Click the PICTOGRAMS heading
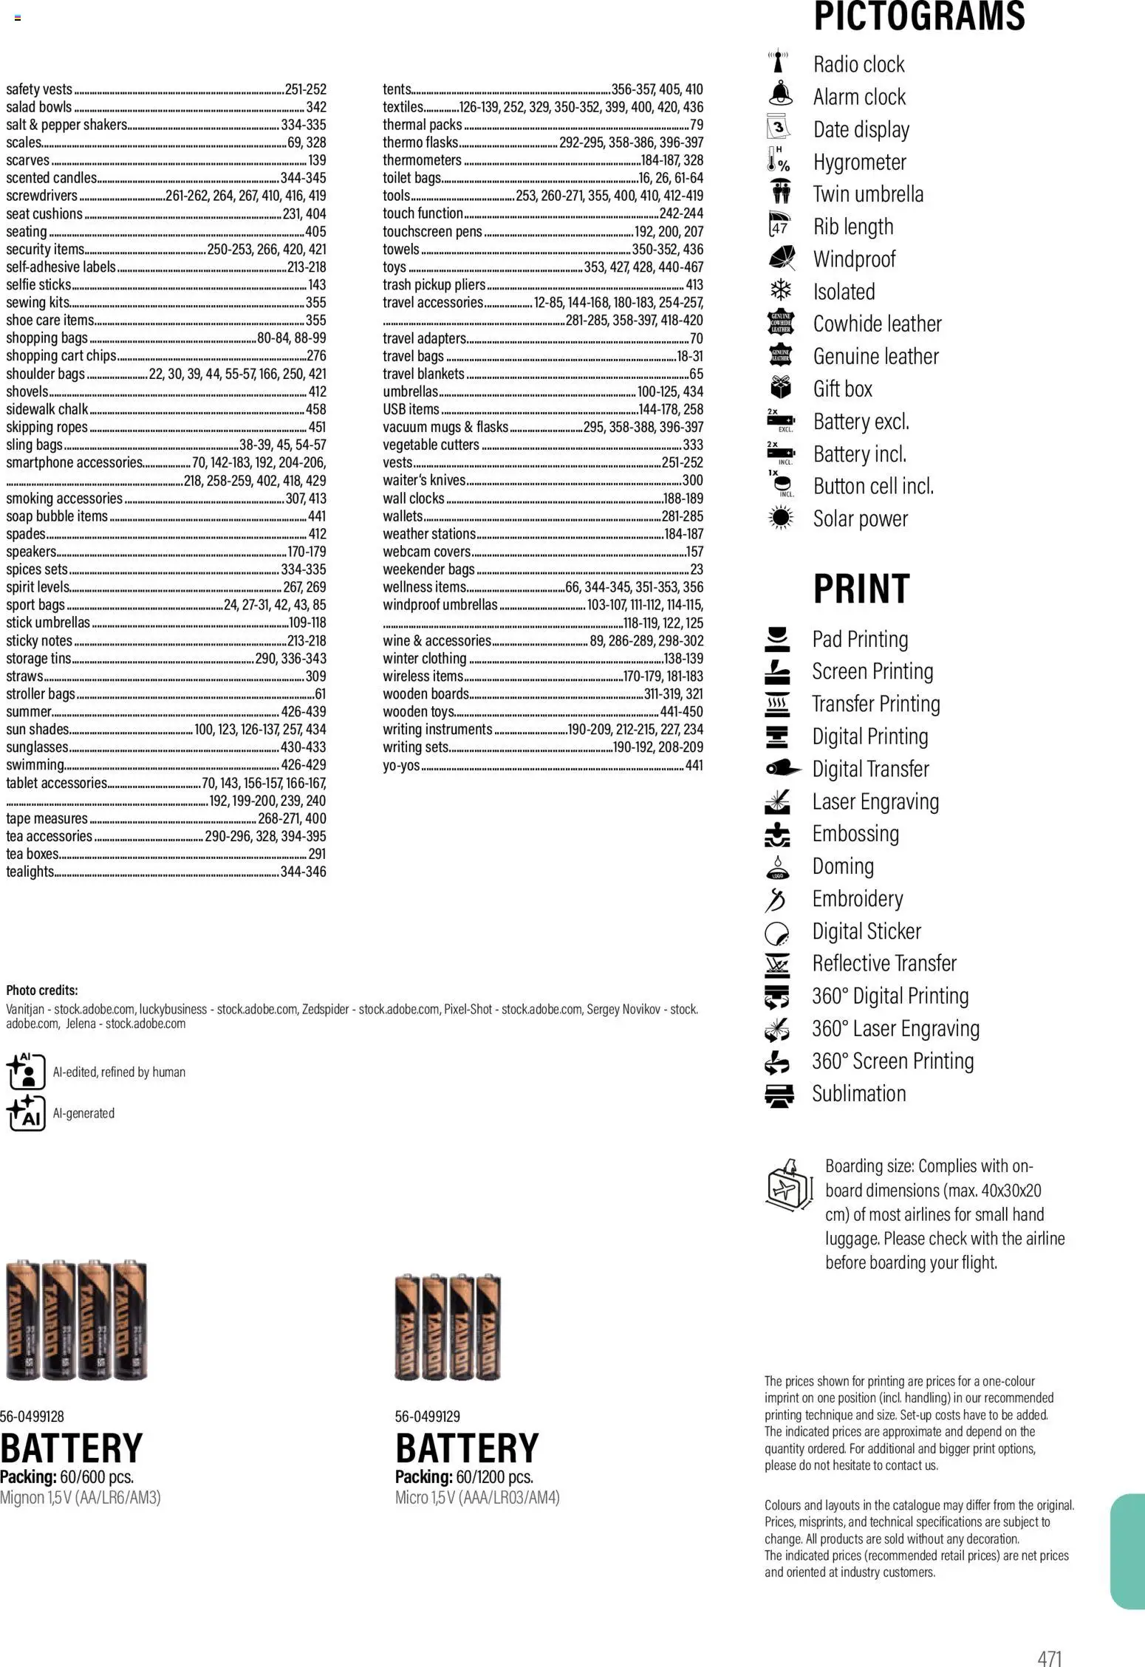click(919, 16)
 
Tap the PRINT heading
click(861, 589)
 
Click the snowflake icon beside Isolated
click(780, 290)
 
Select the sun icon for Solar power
click(780, 518)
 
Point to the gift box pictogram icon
click(780, 388)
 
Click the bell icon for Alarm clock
click(780, 95)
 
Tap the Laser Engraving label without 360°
click(875, 801)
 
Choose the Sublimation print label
click(858, 1093)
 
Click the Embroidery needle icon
click(776, 899)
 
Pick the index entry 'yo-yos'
click(401, 765)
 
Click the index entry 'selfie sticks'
click(38, 284)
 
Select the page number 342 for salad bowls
click(315, 107)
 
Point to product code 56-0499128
click(32, 1416)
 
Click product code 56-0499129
click(427, 1416)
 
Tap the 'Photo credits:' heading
click(41, 990)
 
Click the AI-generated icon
click(25, 1112)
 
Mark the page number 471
click(1049, 1652)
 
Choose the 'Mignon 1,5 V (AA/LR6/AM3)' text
click(80, 1497)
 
